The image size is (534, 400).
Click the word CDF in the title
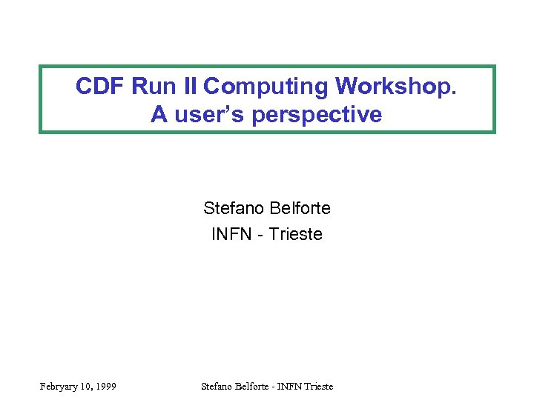click(x=100, y=87)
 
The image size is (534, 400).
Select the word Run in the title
click(x=151, y=87)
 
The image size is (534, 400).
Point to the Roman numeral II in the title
click(x=186, y=87)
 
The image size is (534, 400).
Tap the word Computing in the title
click(x=266, y=87)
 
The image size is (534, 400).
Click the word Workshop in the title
click(x=393, y=87)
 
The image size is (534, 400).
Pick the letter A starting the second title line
click(x=159, y=115)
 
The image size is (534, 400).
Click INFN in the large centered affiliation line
click(x=231, y=235)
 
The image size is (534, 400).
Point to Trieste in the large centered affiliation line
click(x=296, y=235)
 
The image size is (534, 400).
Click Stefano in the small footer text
click(x=218, y=386)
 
